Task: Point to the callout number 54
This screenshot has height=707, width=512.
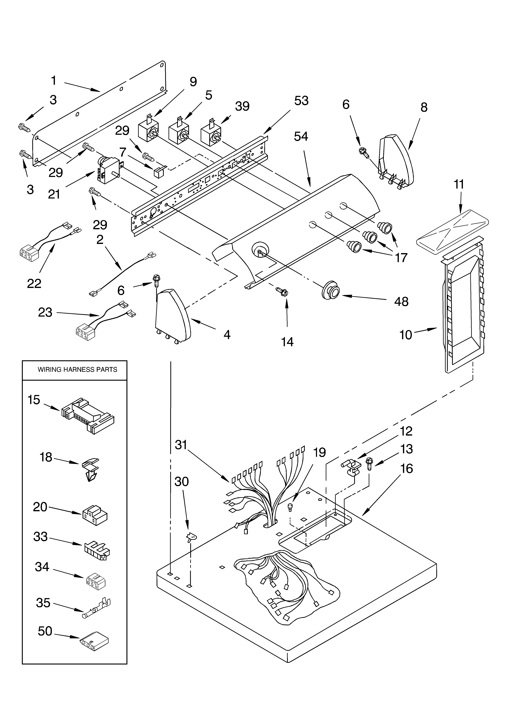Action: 301,136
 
